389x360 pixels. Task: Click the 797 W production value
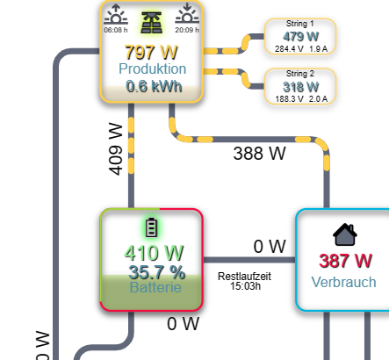(x=151, y=53)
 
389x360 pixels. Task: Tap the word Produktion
(x=152, y=68)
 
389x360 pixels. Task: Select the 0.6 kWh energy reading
(x=154, y=86)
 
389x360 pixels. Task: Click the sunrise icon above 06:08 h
(x=116, y=14)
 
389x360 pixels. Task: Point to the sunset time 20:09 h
(x=187, y=30)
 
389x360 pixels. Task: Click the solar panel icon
(x=151, y=23)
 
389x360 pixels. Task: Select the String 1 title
(x=300, y=24)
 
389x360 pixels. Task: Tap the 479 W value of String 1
(x=300, y=37)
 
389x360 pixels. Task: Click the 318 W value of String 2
(x=300, y=87)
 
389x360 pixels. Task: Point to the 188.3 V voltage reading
(x=289, y=99)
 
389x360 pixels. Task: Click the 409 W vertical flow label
(x=116, y=149)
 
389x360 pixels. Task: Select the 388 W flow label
(x=259, y=154)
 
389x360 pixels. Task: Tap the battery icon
(x=151, y=227)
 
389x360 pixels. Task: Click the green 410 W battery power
(x=154, y=253)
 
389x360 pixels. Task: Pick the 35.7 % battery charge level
(x=157, y=272)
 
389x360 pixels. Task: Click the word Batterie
(x=155, y=287)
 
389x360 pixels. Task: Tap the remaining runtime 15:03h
(x=245, y=286)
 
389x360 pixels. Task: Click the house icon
(x=345, y=234)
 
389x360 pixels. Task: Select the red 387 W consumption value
(x=345, y=261)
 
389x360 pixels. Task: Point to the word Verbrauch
(x=343, y=282)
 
